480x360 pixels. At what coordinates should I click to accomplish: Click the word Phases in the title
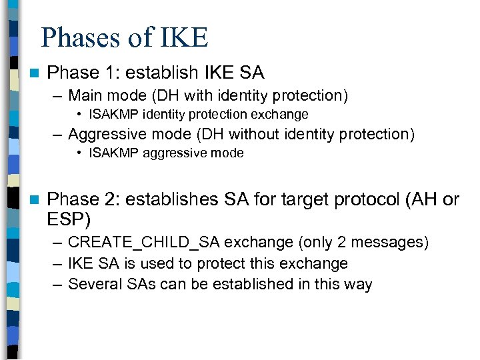[x=79, y=37]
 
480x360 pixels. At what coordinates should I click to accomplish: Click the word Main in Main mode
[x=85, y=96]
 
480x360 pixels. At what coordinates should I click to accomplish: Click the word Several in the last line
[x=92, y=284]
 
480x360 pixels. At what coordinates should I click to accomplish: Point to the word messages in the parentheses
[x=393, y=242]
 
